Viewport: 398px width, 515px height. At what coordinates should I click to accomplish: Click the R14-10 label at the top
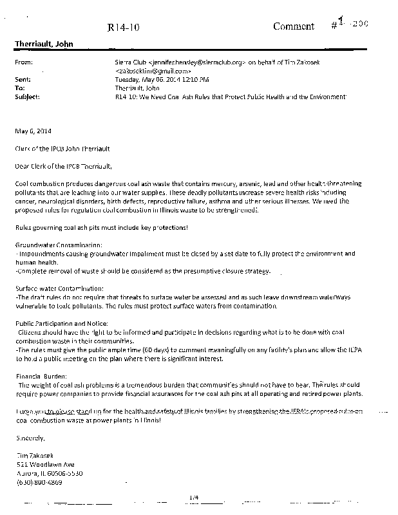120,27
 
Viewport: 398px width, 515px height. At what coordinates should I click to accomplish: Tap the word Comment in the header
294,26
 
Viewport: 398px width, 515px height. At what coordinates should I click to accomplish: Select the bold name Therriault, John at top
44,44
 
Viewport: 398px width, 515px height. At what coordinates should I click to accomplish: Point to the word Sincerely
30,438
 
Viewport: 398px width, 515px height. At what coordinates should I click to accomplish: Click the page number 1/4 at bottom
196,496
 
